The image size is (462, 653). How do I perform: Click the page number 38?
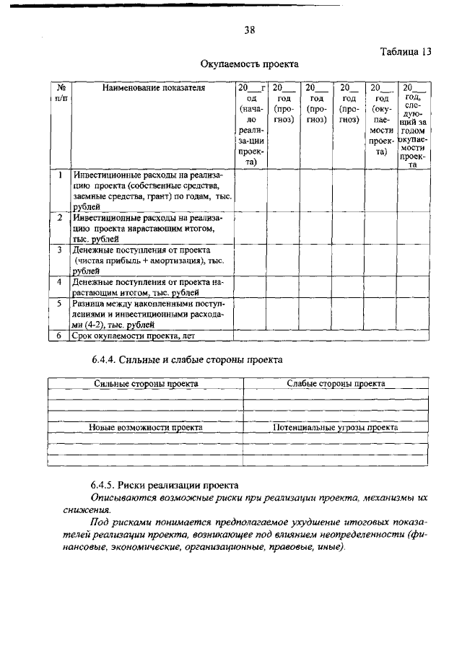(x=250, y=30)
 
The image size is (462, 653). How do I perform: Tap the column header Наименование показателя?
(x=153, y=88)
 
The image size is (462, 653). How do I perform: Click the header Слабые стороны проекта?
(x=336, y=384)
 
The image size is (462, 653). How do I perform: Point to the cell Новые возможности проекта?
(x=145, y=427)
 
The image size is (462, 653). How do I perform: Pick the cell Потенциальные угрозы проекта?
(x=336, y=427)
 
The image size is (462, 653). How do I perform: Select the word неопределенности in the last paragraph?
(x=365, y=534)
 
